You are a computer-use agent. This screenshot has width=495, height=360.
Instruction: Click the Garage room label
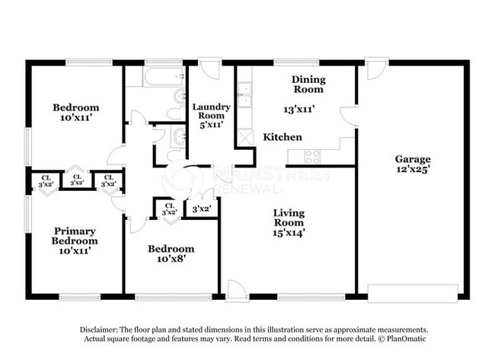pos(412,159)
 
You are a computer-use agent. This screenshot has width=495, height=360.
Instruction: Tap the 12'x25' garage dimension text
pos(412,170)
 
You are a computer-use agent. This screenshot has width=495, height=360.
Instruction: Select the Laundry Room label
pos(211,112)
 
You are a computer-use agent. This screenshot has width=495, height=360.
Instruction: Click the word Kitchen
pos(283,137)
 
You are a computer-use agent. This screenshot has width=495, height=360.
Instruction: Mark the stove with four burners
pos(312,156)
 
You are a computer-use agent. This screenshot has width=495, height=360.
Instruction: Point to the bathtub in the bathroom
pos(155,75)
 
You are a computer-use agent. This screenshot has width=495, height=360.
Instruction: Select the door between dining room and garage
pos(349,116)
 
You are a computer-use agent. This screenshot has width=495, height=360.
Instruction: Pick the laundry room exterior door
pos(211,69)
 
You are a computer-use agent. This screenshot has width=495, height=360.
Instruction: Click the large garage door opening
pos(412,294)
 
